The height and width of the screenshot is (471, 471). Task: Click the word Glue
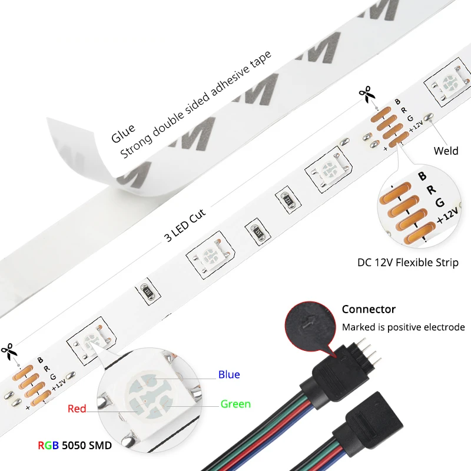pyautogui.click(x=123, y=134)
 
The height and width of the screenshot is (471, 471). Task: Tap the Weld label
pyautogui.click(x=446, y=151)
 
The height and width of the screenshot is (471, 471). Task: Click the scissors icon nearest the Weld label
pyautogui.click(x=366, y=94)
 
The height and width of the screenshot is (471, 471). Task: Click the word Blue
pyautogui.click(x=229, y=374)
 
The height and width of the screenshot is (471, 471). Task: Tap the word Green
pyautogui.click(x=235, y=404)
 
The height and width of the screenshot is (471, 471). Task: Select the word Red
pyautogui.click(x=77, y=409)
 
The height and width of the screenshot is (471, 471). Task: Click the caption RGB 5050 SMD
pyautogui.click(x=74, y=445)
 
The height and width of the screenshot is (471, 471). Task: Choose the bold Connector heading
pyautogui.click(x=369, y=310)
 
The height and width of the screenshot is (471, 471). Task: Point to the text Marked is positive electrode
pyautogui.click(x=403, y=327)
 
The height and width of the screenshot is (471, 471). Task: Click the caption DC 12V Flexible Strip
pyautogui.click(x=407, y=263)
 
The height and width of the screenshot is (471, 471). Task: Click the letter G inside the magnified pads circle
pyautogui.click(x=439, y=203)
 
